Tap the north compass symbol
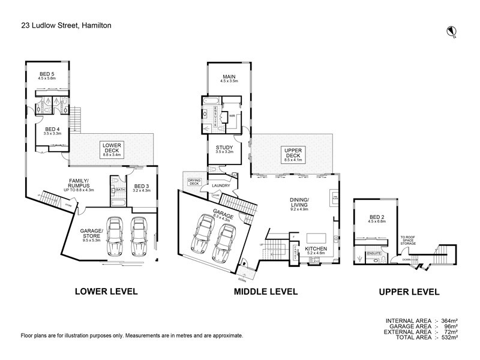click(x=452, y=31)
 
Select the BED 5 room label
click(x=47, y=76)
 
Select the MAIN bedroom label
click(x=229, y=77)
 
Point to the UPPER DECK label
click(x=292, y=152)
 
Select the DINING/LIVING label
click(x=299, y=203)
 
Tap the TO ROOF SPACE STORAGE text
click(x=412, y=240)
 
